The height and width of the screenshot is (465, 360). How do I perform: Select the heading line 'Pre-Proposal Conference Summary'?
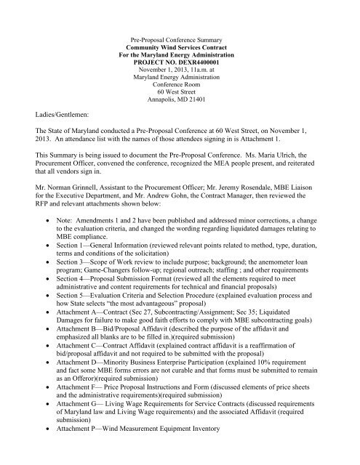tap(180, 34)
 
